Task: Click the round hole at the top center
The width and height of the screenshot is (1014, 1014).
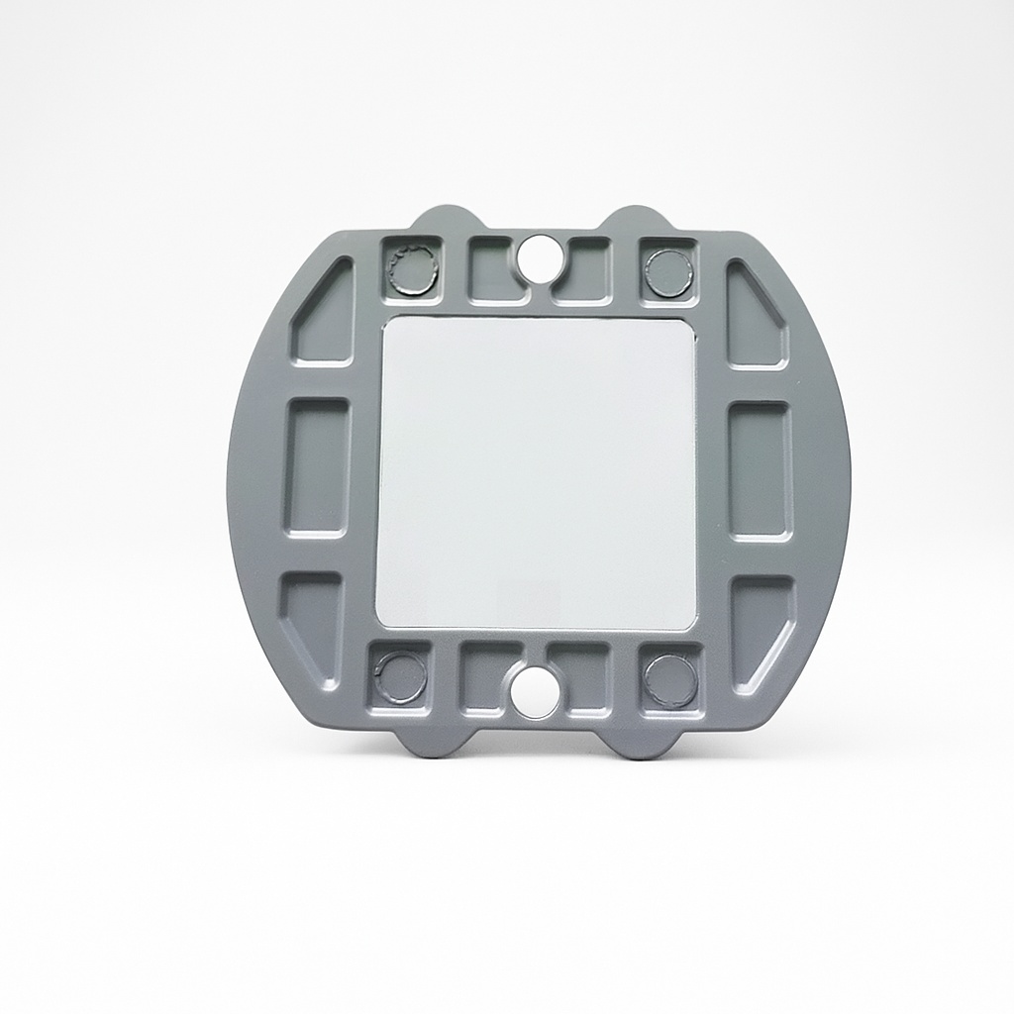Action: (x=540, y=255)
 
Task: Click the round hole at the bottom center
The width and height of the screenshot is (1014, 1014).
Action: (x=536, y=692)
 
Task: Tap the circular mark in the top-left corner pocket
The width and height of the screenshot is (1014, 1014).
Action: (x=410, y=269)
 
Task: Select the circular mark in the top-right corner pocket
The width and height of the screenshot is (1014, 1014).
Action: (x=668, y=269)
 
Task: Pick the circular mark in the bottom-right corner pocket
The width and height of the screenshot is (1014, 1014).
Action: (x=670, y=680)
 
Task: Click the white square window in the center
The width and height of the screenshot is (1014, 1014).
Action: (x=537, y=473)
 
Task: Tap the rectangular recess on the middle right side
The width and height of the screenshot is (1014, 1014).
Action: (x=760, y=469)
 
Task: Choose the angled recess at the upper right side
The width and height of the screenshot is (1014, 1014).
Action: (x=754, y=317)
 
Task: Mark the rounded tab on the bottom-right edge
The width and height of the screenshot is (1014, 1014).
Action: (x=645, y=745)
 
